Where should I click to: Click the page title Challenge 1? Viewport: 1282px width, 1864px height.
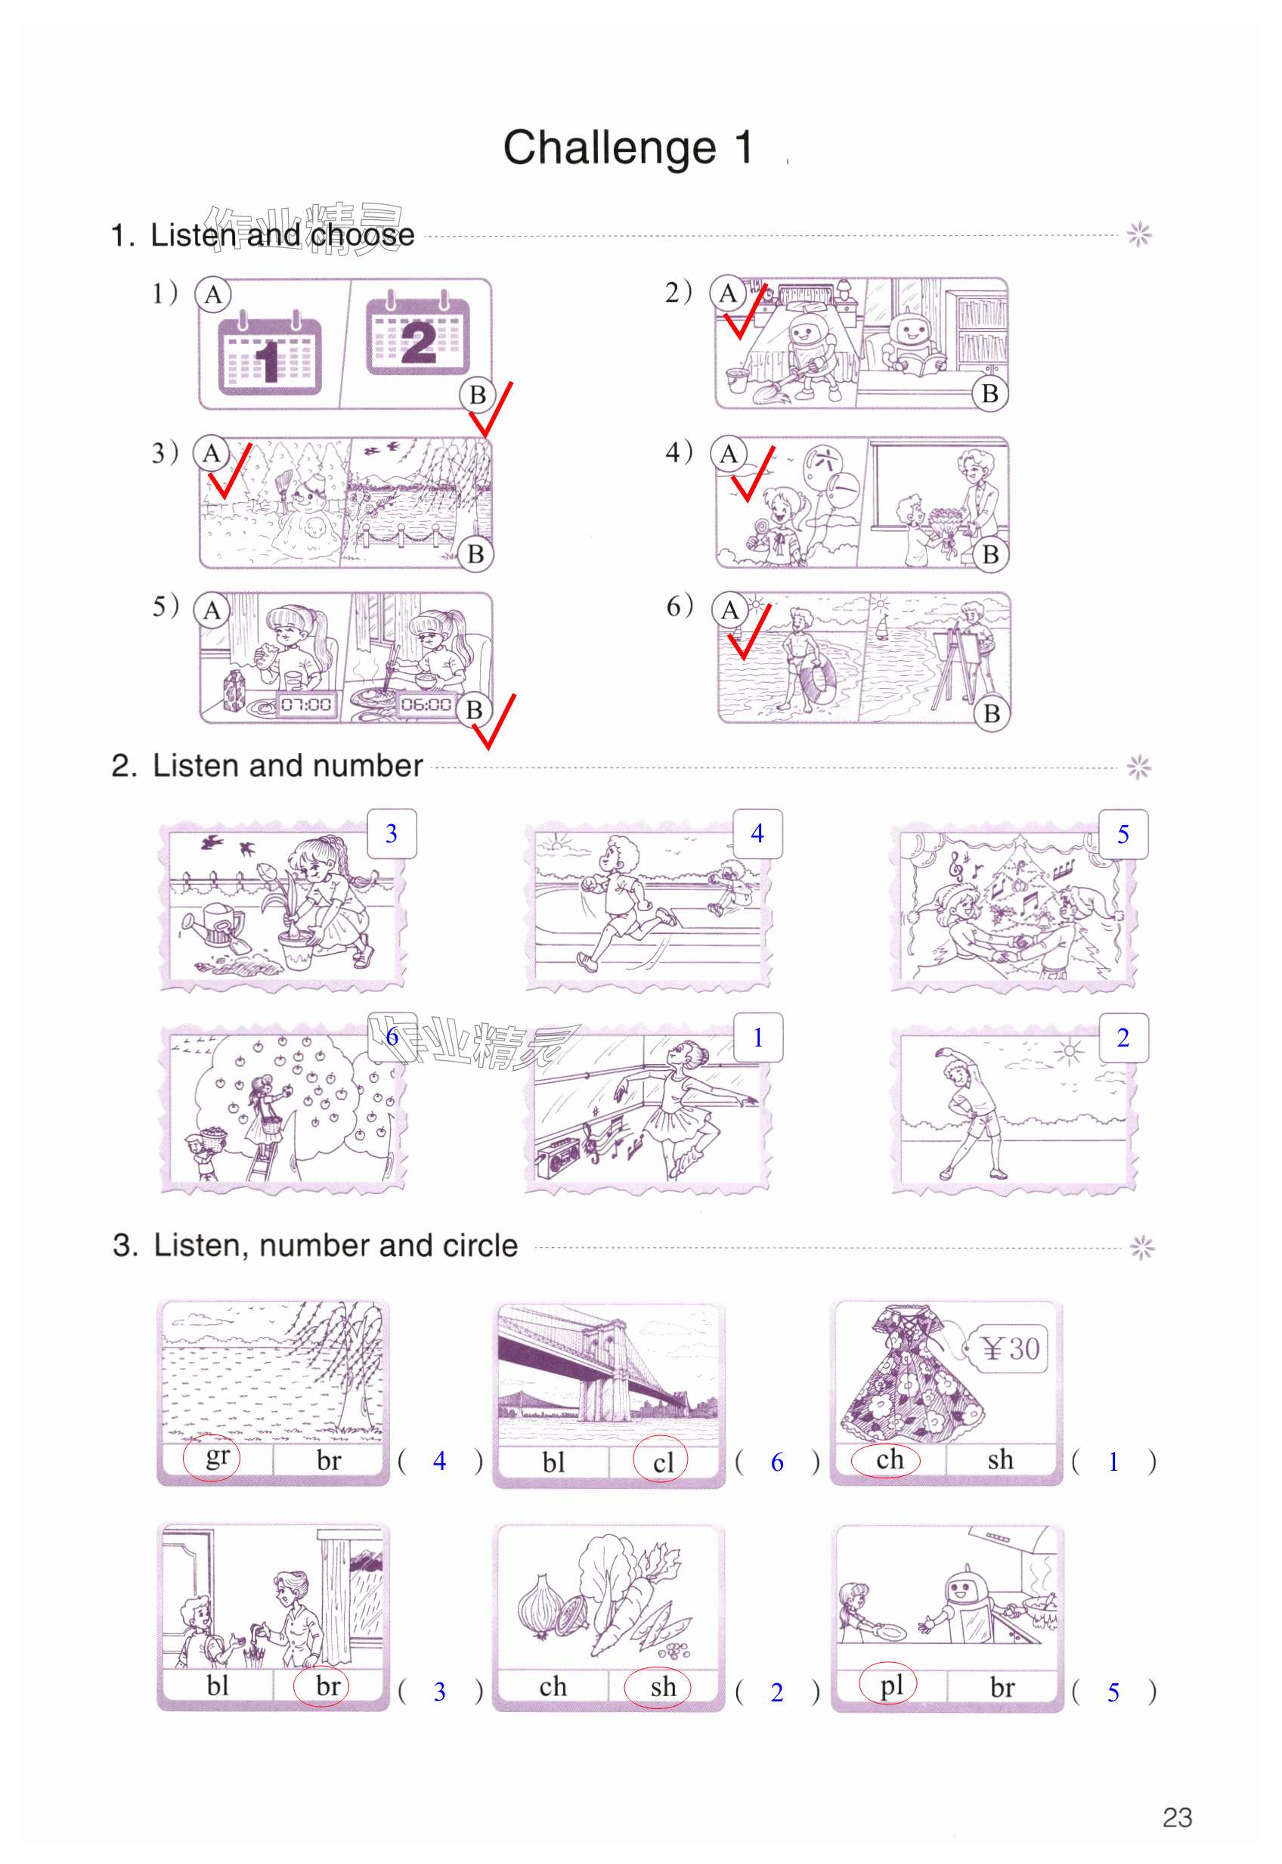click(x=628, y=148)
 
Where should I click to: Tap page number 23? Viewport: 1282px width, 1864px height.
click(x=1177, y=1817)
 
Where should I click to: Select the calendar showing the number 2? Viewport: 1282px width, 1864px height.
click(x=418, y=333)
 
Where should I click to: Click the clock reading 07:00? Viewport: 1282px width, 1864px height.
click(x=306, y=705)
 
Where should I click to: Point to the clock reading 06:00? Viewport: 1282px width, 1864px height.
click(x=426, y=705)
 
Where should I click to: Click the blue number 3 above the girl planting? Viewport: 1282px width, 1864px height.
click(x=392, y=834)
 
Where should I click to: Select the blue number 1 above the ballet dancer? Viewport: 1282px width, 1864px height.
click(x=757, y=1038)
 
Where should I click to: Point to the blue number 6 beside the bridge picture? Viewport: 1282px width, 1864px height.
click(x=777, y=1462)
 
